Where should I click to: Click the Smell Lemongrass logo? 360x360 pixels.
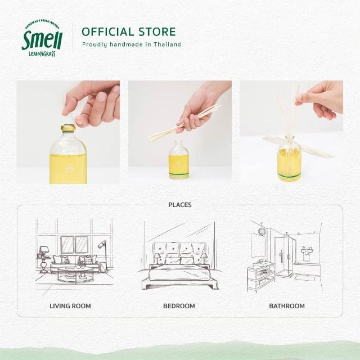point(42,38)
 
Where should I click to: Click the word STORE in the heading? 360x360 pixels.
point(157,31)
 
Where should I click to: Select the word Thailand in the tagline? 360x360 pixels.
point(168,44)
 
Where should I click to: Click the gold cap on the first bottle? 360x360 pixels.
point(68,128)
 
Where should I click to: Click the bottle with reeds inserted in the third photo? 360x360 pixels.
point(289,161)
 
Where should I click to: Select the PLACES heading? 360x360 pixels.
point(180,205)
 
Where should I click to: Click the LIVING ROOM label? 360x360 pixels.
point(70,306)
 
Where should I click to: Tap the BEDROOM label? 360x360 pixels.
point(179,306)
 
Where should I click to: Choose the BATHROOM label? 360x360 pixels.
point(287,306)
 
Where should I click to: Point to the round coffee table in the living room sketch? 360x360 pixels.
point(75,274)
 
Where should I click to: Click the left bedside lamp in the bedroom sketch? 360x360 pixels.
point(157,258)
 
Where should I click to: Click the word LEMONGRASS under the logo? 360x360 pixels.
point(42,54)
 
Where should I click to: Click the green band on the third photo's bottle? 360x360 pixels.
point(289,175)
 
